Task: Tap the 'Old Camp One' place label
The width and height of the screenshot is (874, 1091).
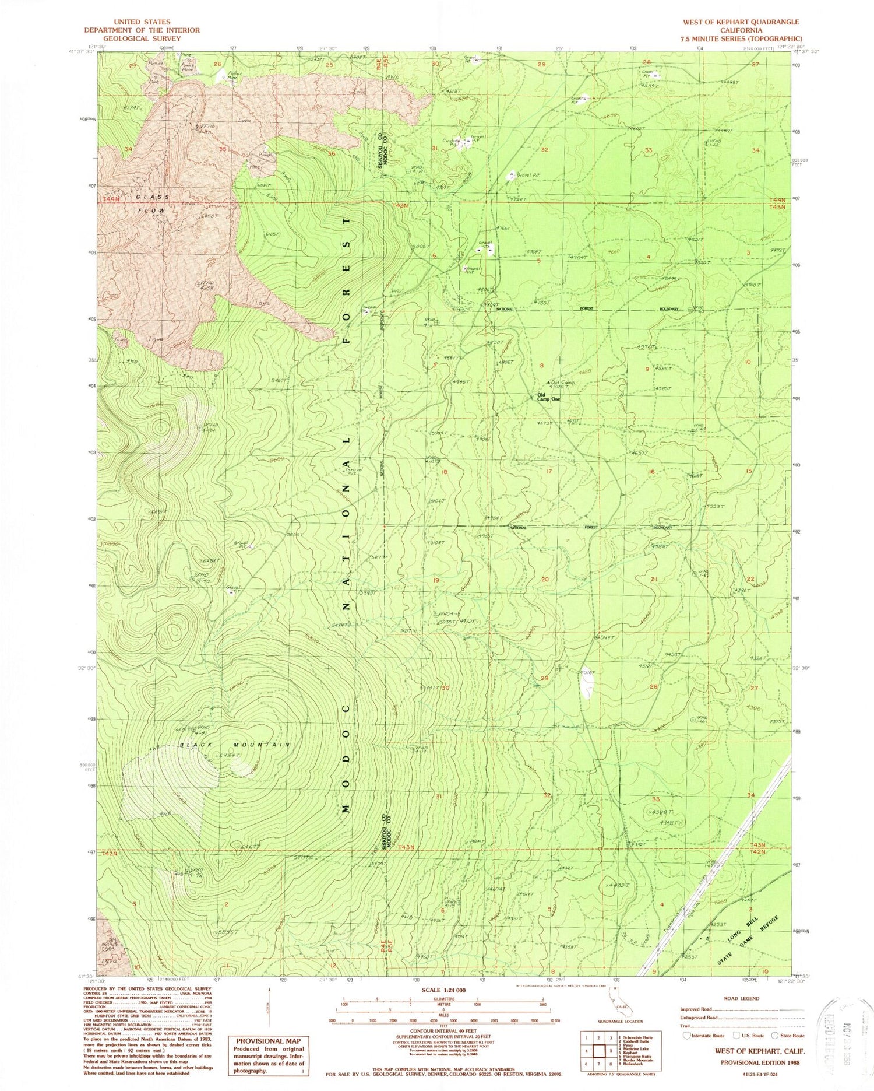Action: pyautogui.click(x=548, y=397)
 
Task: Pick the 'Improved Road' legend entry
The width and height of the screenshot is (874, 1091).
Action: pyautogui.click(x=696, y=1008)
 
